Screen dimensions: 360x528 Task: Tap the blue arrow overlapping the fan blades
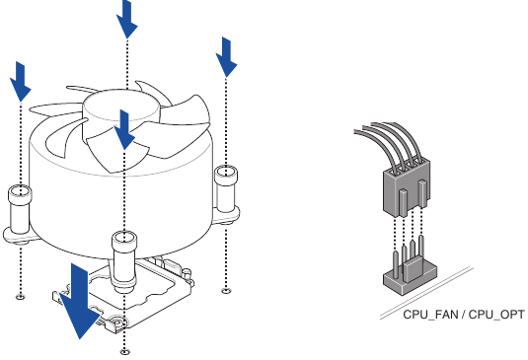[123, 131]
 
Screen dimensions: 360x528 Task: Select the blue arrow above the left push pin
[21, 81]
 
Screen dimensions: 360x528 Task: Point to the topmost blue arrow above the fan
[126, 19]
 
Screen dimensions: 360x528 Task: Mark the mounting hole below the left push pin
[21, 295]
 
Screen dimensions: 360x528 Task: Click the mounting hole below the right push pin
[227, 290]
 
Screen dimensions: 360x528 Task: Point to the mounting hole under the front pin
[123, 350]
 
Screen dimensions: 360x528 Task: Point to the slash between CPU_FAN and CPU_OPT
[464, 317]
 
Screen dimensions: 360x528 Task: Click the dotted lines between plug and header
[407, 234]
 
